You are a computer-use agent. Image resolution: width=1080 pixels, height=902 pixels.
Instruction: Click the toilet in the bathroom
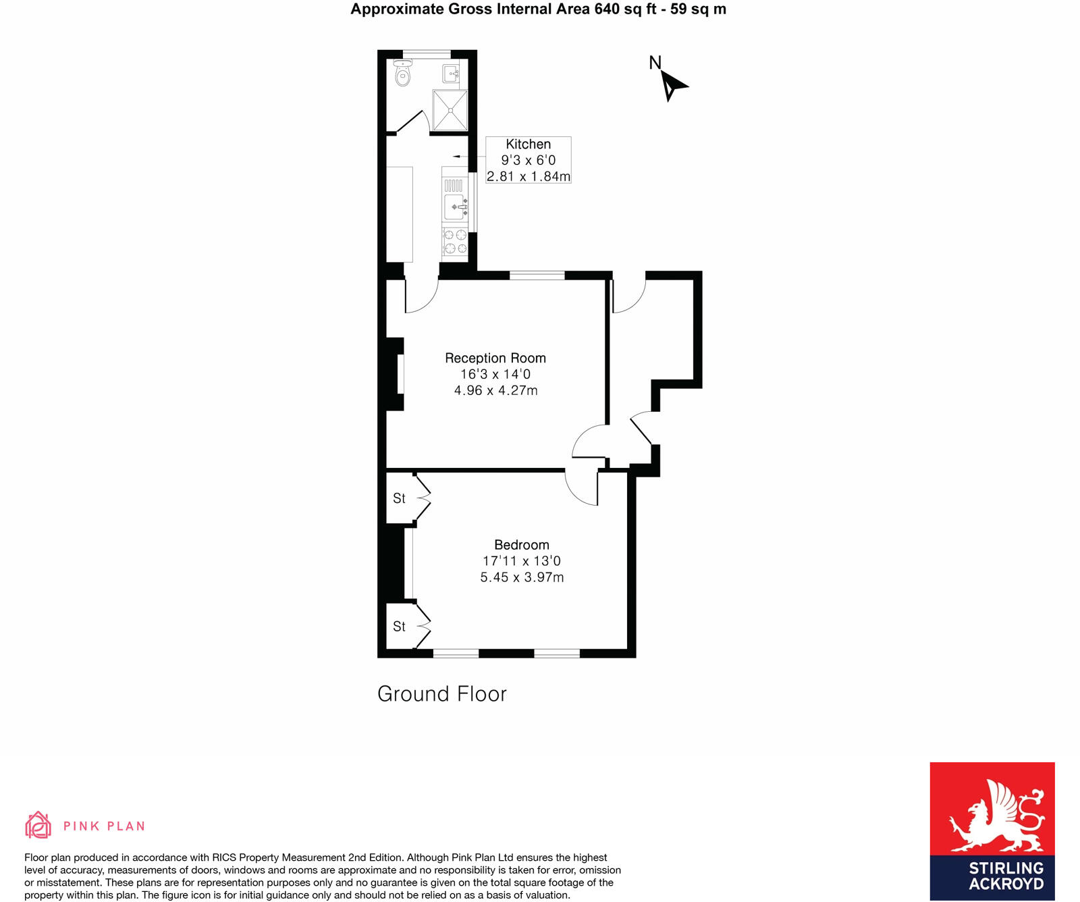[x=403, y=73]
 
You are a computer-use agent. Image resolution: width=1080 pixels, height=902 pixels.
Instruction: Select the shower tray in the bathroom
[x=450, y=110]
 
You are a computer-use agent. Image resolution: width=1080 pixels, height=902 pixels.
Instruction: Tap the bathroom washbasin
[x=452, y=73]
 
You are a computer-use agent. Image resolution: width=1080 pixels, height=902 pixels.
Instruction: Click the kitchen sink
[x=455, y=205]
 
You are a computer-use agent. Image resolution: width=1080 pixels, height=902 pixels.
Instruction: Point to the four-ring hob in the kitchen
[x=455, y=242]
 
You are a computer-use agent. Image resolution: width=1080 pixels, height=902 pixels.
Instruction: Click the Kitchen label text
[x=528, y=144]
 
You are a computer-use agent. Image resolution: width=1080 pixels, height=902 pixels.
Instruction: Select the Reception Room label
[x=495, y=358]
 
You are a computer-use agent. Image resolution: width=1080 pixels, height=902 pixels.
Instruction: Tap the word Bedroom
[x=521, y=545]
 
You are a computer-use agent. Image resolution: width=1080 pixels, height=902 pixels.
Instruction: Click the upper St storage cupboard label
[x=399, y=498]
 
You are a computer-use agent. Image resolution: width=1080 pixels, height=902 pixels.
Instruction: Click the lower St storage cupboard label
[x=399, y=627]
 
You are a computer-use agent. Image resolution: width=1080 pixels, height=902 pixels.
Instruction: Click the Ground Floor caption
[x=441, y=694]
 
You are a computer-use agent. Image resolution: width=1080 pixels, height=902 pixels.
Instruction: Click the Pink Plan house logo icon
[x=38, y=825]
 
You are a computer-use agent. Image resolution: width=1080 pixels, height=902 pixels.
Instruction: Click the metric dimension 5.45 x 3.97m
[x=521, y=577]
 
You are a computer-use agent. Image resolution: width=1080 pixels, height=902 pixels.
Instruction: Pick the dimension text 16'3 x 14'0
[x=495, y=374]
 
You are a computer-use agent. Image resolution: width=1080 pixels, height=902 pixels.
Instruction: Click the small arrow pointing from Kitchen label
[x=457, y=157]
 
